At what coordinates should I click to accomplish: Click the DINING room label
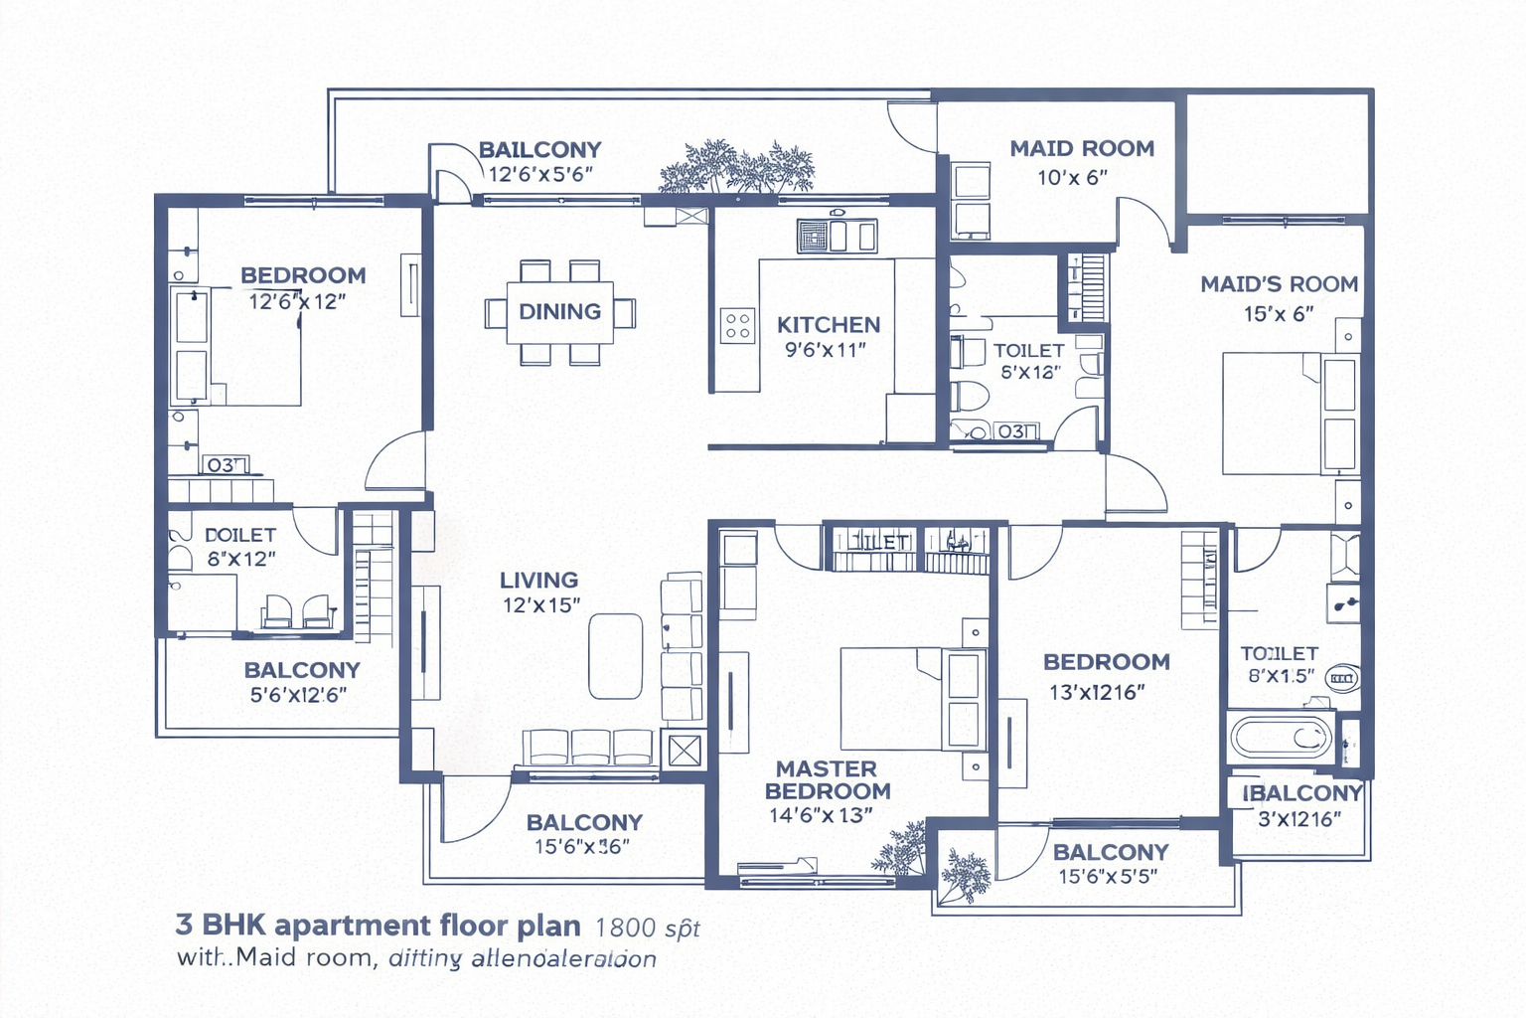pyautogui.click(x=559, y=312)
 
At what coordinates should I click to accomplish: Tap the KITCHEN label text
pyautogui.click(x=828, y=325)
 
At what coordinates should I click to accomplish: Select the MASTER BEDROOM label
pyautogui.click(x=827, y=780)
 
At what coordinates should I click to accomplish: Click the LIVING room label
pyautogui.click(x=538, y=581)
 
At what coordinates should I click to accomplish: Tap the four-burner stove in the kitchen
pyautogui.click(x=737, y=326)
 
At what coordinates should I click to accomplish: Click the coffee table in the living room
pyautogui.click(x=615, y=656)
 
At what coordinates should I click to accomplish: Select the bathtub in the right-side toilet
pyautogui.click(x=1282, y=738)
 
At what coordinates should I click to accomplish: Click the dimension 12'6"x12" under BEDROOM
pyautogui.click(x=296, y=302)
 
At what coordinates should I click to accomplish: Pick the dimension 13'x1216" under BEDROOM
pyautogui.click(x=1097, y=693)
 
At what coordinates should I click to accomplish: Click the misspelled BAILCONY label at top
pyautogui.click(x=539, y=150)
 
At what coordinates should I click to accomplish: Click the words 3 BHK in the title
pyautogui.click(x=221, y=926)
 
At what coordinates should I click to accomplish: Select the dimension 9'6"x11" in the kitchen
pyautogui.click(x=825, y=350)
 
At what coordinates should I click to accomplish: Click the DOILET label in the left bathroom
pyautogui.click(x=239, y=536)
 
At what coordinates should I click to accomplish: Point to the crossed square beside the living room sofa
pyautogui.click(x=685, y=751)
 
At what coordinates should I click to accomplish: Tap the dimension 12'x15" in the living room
pyautogui.click(x=540, y=605)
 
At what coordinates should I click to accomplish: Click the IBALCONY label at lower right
pyautogui.click(x=1301, y=793)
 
